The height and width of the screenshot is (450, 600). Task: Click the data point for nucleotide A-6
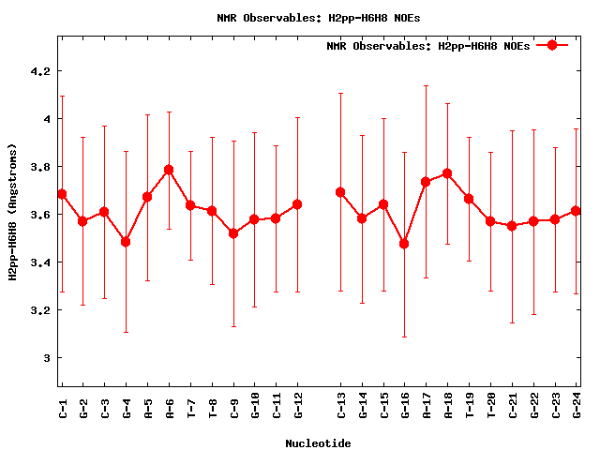[169, 170]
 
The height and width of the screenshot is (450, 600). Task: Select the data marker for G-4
[126, 242]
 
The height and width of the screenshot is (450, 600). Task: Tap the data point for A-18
[447, 173]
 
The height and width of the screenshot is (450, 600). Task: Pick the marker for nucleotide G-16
[404, 244]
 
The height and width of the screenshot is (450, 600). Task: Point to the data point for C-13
[340, 192]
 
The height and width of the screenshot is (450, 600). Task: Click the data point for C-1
[62, 194]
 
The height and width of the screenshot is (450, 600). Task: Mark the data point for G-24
[576, 211]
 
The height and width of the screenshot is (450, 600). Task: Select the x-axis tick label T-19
[470, 407]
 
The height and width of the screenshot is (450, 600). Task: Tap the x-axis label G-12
[298, 407]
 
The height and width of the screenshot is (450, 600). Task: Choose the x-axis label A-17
[427, 407]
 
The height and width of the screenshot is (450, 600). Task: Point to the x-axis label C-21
[512, 407]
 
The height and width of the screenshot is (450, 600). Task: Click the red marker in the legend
[552, 45]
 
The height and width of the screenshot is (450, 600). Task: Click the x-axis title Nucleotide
[318, 443]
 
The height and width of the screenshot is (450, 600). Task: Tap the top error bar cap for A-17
[426, 85]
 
